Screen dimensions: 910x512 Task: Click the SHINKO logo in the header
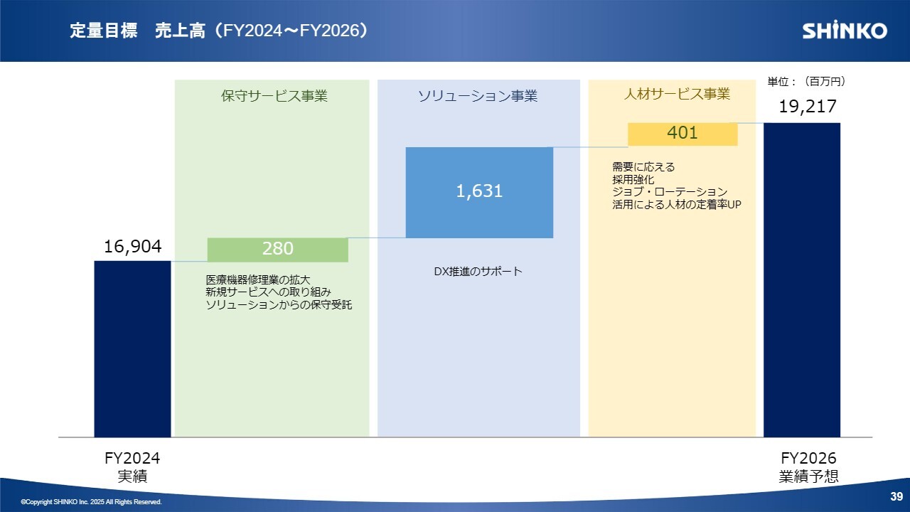pos(845,30)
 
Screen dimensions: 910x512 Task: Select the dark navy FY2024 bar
pos(132,349)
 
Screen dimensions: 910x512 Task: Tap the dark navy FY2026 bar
pos(802,280)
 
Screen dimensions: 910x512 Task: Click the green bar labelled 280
pos(278,250)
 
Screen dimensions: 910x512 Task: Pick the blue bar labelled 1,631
pos(479,193)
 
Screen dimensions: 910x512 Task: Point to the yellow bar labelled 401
pos(682,134)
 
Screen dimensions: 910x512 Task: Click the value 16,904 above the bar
pos(132,246)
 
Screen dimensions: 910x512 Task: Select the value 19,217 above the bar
pos(808,107)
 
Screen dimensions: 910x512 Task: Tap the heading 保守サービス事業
pos(274,96)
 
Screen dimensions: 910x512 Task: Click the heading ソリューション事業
pos(478,96)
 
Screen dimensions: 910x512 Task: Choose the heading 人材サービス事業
pos(677,94)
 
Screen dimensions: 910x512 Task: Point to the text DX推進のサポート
pos(478,271)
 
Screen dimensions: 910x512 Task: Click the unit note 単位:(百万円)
pos(806,81)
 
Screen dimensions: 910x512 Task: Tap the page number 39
pos(896,496)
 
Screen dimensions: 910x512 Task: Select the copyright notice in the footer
pos(92,502)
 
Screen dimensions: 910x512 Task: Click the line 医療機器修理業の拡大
pos(258,279)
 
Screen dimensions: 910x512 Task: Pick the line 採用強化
pos(633,179)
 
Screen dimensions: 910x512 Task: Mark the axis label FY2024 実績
pos(132,467)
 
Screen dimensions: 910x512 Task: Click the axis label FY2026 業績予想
pos(808,467)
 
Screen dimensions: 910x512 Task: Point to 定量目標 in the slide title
pos(104,31)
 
